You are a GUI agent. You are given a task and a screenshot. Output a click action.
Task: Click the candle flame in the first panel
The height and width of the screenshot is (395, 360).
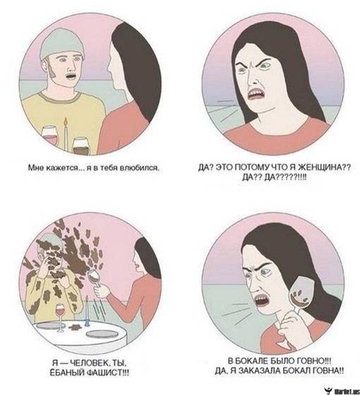click(66, 121)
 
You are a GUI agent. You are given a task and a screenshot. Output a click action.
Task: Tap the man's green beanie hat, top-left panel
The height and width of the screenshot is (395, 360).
click(62, 42)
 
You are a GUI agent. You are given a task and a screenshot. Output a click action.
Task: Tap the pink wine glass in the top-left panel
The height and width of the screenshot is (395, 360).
click(49, 135)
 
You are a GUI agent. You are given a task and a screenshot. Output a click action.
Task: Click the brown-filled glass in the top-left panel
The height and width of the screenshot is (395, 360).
click(81, 145)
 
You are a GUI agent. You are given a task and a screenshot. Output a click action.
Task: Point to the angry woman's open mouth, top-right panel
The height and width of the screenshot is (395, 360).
click(256, 95)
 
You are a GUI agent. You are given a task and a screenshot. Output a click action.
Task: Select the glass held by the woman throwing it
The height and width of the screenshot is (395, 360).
click(95, 279)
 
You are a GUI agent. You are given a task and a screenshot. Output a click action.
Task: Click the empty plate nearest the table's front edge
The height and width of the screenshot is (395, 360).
click(102, 334)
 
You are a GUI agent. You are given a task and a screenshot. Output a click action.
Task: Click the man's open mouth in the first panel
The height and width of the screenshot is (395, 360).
click(71, 76)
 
